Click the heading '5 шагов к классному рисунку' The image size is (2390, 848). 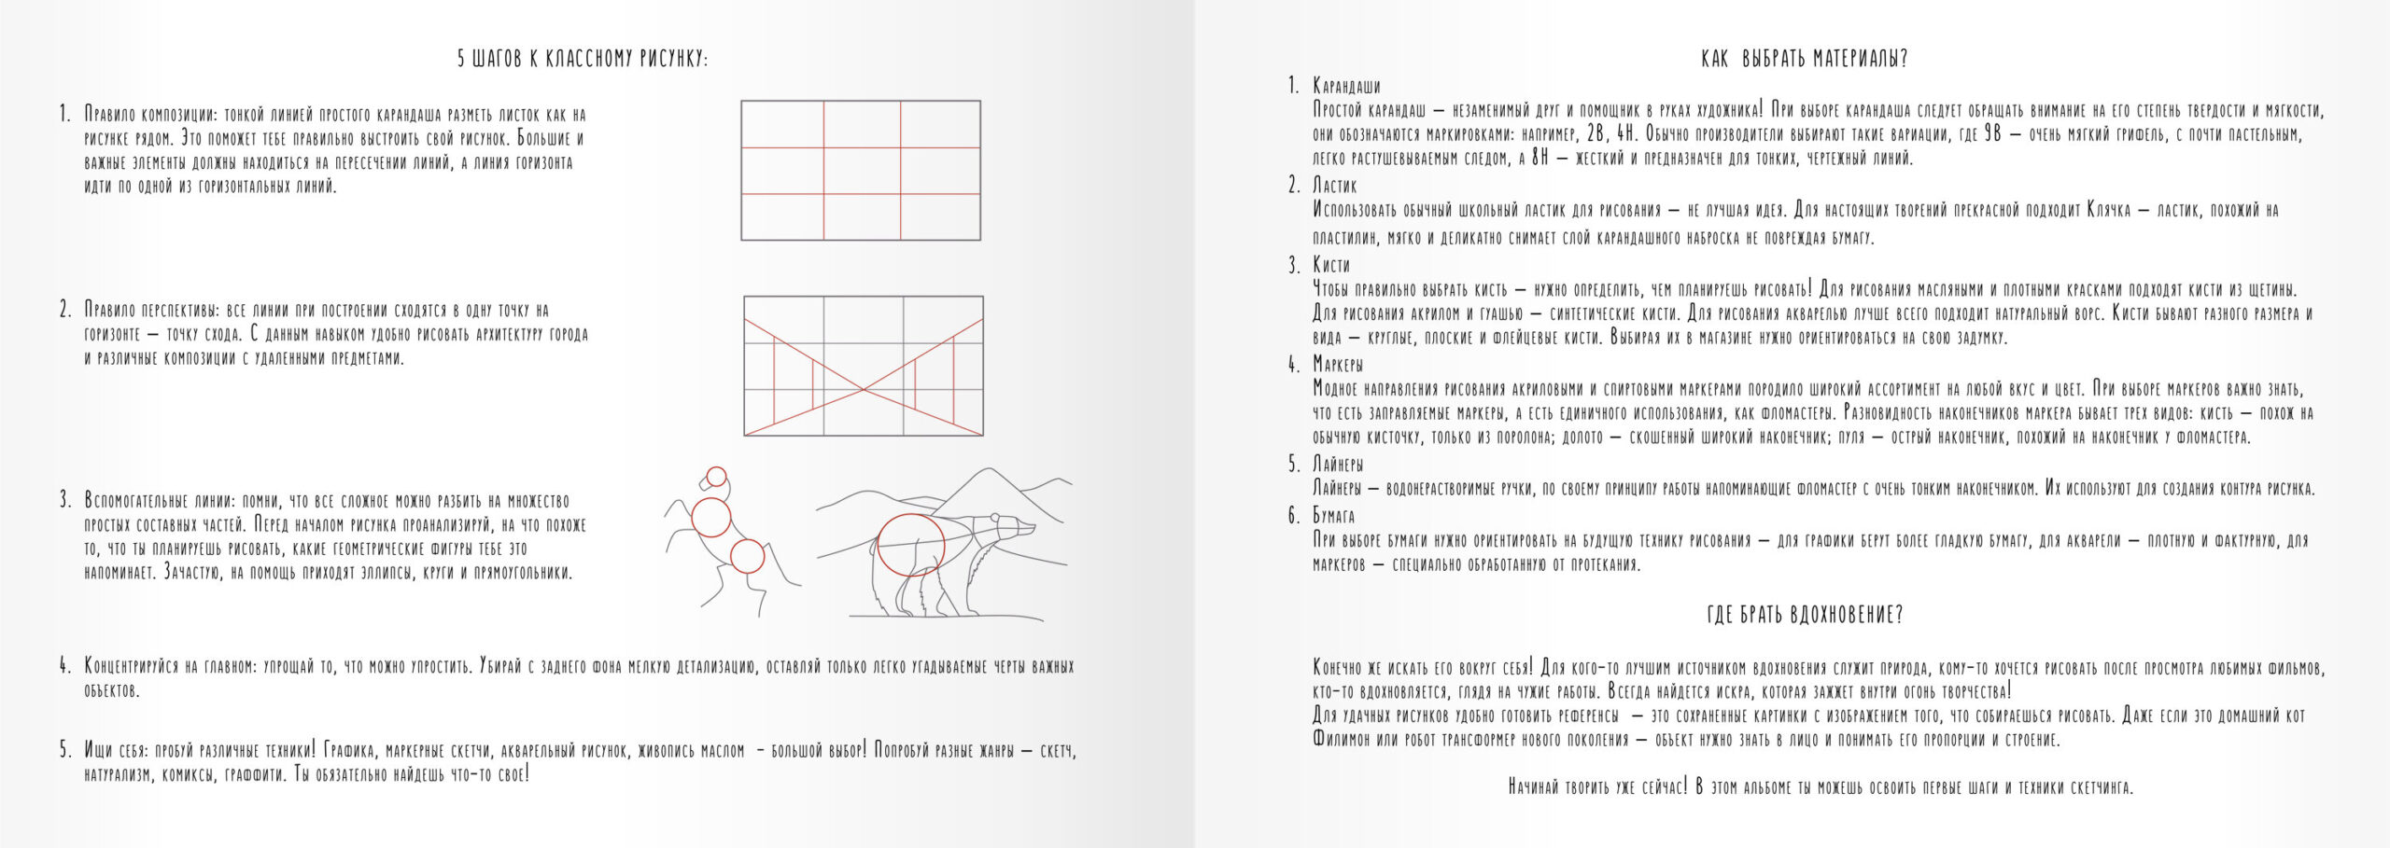pyautogui.click(x=583, y=59)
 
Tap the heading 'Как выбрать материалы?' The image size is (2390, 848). pyautogui.click(x=1804, y=59)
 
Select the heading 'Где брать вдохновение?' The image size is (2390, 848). pyautogui.click(x=1804, y=615)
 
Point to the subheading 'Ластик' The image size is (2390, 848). pyautogui.click(x=1334, y=186)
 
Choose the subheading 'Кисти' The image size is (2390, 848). pyautogui.click(x=1330, y=265)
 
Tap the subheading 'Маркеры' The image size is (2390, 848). pyautogui.click(x=1338, y=364)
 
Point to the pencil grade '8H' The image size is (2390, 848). pyautogui.click(x=1539, y=159)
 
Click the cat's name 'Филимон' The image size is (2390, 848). pyautogui.click(x=1344, y=741)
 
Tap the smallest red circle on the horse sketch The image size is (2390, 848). pyautogui.click(x=716, y=477)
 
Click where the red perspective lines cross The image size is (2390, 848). pyautogui.click(x=864, y=388)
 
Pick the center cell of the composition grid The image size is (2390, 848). pyautogui.click(x=862, y=171)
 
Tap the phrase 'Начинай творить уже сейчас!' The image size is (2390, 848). pyautogui.click(x=1597, y=787)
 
